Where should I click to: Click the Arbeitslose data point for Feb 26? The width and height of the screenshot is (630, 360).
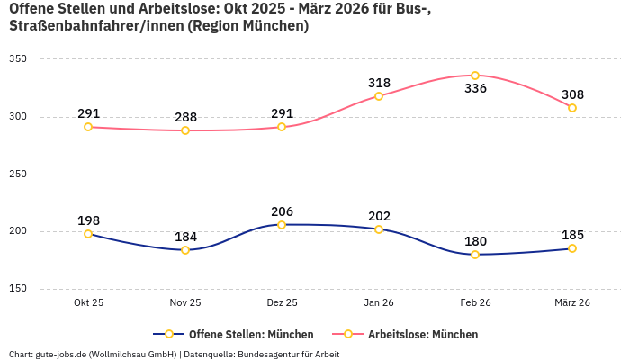[x=475, y=76]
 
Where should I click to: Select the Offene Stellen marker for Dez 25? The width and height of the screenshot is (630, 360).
[x=282, y=225]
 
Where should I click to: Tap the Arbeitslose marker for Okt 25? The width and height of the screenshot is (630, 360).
[x=88, y=127]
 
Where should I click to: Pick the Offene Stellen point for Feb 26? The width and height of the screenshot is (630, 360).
[x=475, y=255]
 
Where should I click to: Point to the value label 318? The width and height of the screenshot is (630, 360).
[x=379, y=83]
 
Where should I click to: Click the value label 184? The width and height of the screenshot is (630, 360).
[x=185, y=237]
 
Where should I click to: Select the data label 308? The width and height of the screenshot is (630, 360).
[x=572, y=94]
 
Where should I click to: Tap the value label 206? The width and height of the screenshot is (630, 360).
[x=282, y=211]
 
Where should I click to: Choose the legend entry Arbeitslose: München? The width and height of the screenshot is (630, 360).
[x=422, y=334]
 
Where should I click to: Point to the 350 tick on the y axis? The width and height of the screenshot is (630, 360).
[x=18, y=59]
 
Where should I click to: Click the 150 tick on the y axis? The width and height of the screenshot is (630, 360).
[x=18, y=289]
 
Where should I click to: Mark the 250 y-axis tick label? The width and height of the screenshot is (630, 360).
[x=18, y=175]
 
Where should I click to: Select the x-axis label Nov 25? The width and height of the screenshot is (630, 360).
[x=185, y=302]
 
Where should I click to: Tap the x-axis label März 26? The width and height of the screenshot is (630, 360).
[x=572, y=302]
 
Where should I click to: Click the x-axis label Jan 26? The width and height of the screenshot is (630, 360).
[x=379, y=302]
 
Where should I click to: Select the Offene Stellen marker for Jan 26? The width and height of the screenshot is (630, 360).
[x=379, y=229]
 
